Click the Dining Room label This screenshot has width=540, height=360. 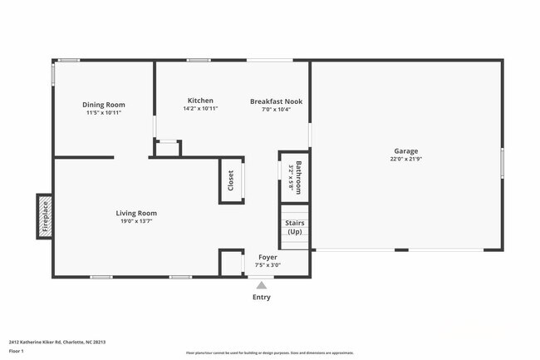[x=104, y=105]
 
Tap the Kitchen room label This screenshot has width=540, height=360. [x=200, y=101]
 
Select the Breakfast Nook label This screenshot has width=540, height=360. [x=276, y=101]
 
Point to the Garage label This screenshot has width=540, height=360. [x=406, y=151]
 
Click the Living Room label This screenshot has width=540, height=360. [x=136, y=213]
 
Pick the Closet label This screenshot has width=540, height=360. [x=231, y=179]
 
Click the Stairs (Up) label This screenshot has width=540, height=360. [x=294, y=227]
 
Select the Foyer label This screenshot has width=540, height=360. [x=268, y=258]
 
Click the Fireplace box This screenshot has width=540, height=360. [x=45, y=215]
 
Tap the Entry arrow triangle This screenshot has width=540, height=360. [x=262, y=284]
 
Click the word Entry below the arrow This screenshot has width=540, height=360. [x=262, y=297]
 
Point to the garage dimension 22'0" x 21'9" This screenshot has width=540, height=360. [x=406, y=159]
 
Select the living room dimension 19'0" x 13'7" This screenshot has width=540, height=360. [x=136, y=221]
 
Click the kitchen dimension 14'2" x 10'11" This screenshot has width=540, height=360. [x=200, y=109]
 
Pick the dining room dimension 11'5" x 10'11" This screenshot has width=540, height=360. [x=104, y=112]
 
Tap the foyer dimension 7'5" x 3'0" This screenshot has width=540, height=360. [x=268, y=265]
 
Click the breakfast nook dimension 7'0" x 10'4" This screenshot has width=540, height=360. [x=276, y=109]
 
